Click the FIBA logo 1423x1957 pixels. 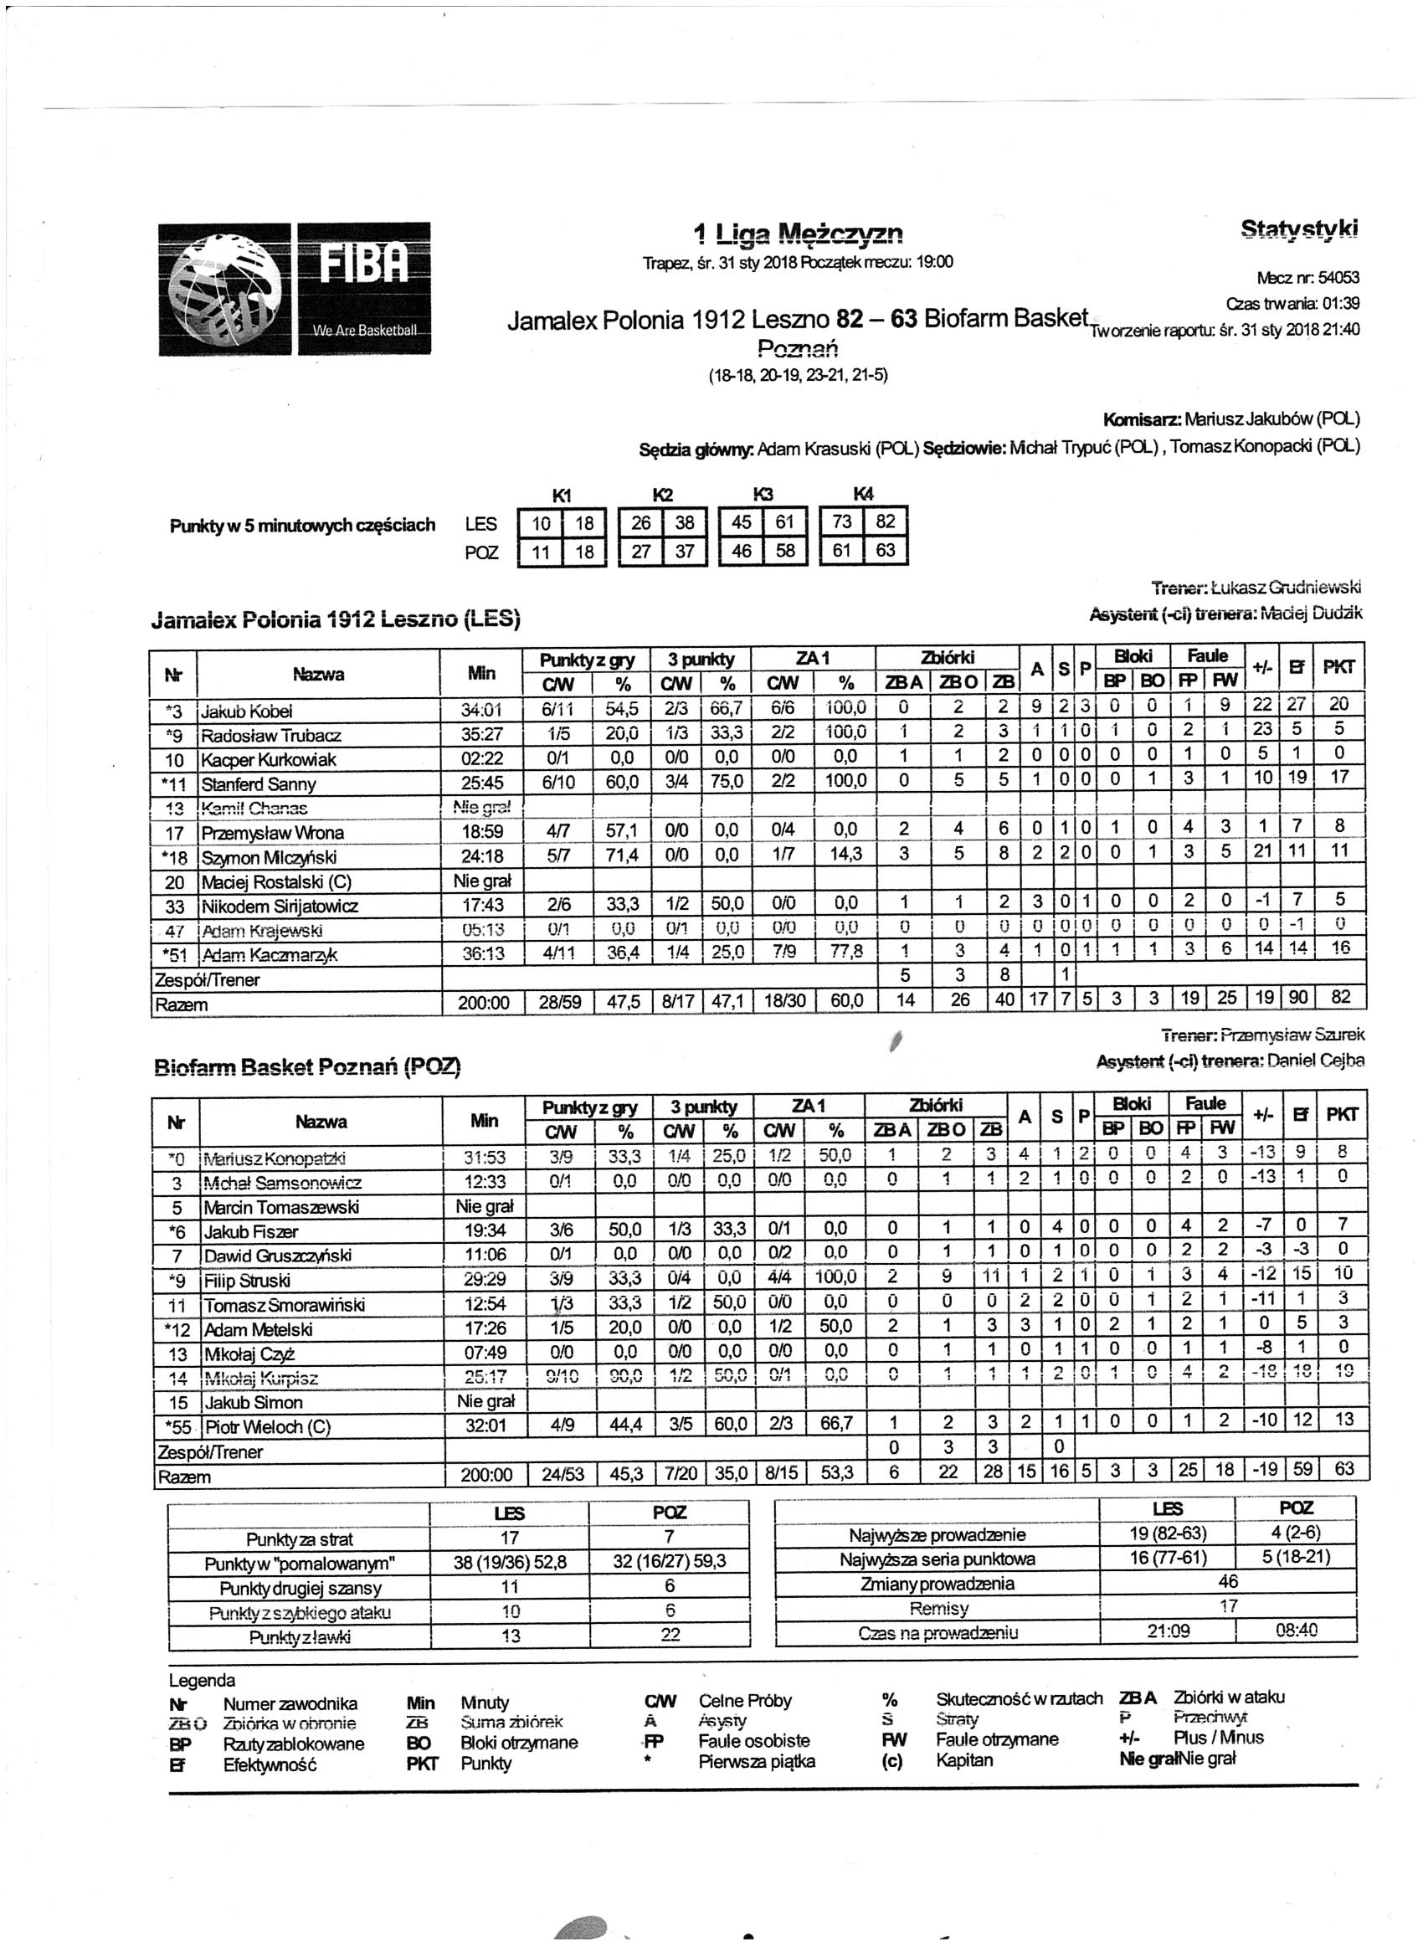pyautogui.click(x=295, y=288)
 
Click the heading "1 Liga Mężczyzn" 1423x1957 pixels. pyautogui.click(x=799, y=233)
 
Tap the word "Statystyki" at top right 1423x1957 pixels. pyautogui.click(x=1299, y=229)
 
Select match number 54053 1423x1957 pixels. pyautogui.click(x=1334, y=278)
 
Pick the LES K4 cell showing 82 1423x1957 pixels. pyautogui.click(x=886, y=521)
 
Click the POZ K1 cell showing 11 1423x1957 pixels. pyautogui.click(x=540, y=552)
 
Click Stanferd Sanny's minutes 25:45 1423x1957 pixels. pyautogui.click(x=482, y=783)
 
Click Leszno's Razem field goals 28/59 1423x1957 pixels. pyautogui.click(x=560, y=1003)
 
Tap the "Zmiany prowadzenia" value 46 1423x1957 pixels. pyautogui.click(x=1227, y=1582)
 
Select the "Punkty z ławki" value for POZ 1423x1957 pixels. pyautogui.click(x=670, y=1634)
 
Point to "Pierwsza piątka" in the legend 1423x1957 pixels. pyautogui.click(x=756, y=1761)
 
